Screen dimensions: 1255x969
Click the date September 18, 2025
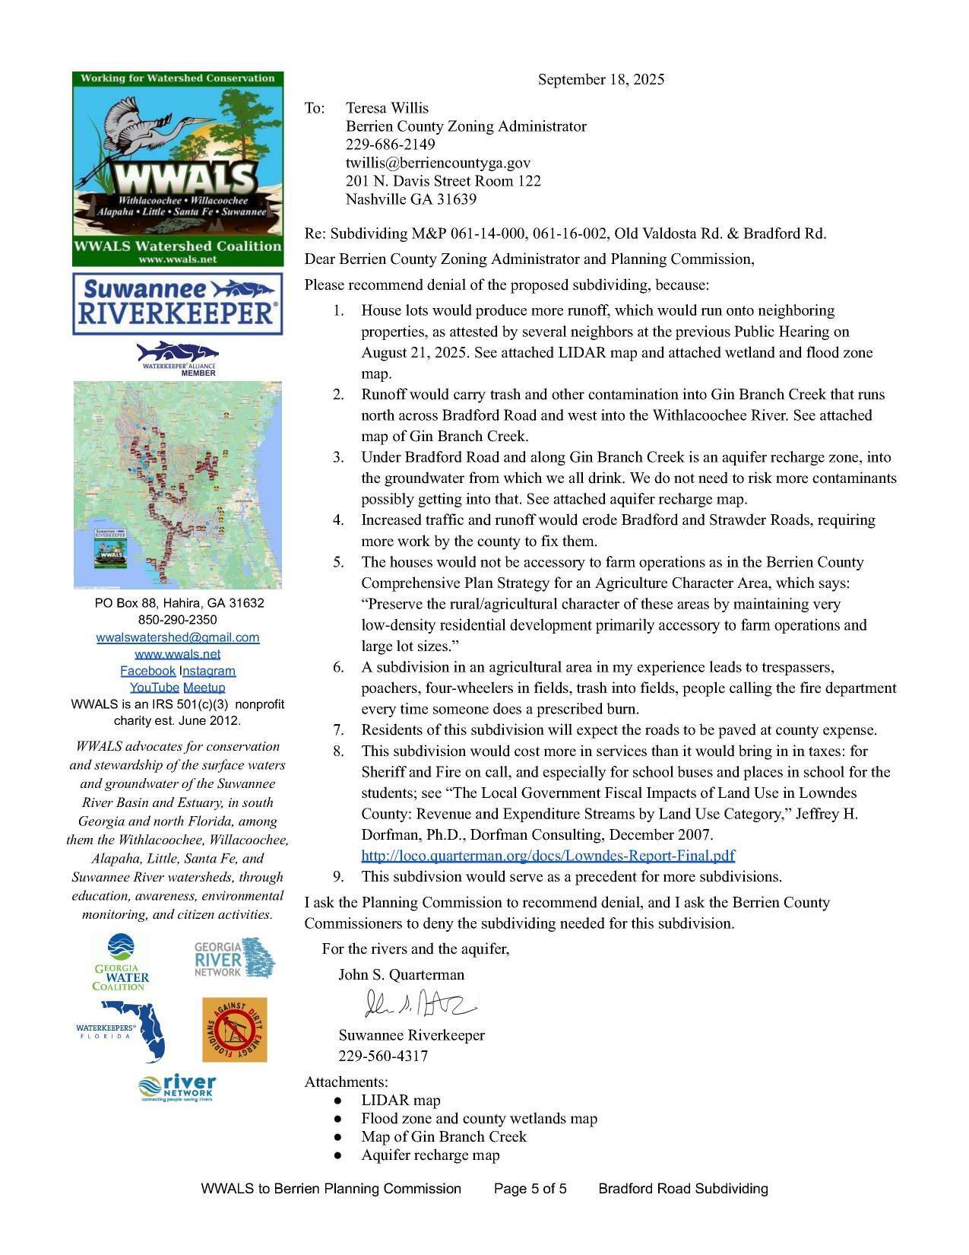tap(600, 80)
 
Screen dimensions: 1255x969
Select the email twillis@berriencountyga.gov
tap(438, 163)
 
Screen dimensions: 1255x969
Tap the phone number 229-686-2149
tap(391, 145)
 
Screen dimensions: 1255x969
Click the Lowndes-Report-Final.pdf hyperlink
tap(548, 856)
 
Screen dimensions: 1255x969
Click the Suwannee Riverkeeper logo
tap(178, 303)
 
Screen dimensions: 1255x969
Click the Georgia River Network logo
tap(234, 958)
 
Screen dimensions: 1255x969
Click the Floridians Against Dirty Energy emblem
tap(234, 1030)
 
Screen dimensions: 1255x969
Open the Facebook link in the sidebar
tap(147, 671)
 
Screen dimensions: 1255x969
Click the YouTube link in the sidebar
tap(148, 688)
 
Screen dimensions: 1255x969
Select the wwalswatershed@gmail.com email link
tap(178, 637)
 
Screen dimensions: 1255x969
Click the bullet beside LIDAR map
tap(337, 1101)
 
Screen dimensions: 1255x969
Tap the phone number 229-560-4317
tap(383, 1056)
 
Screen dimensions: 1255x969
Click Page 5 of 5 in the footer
tap(530, 1189)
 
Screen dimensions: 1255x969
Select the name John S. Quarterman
tap(401, 975)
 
